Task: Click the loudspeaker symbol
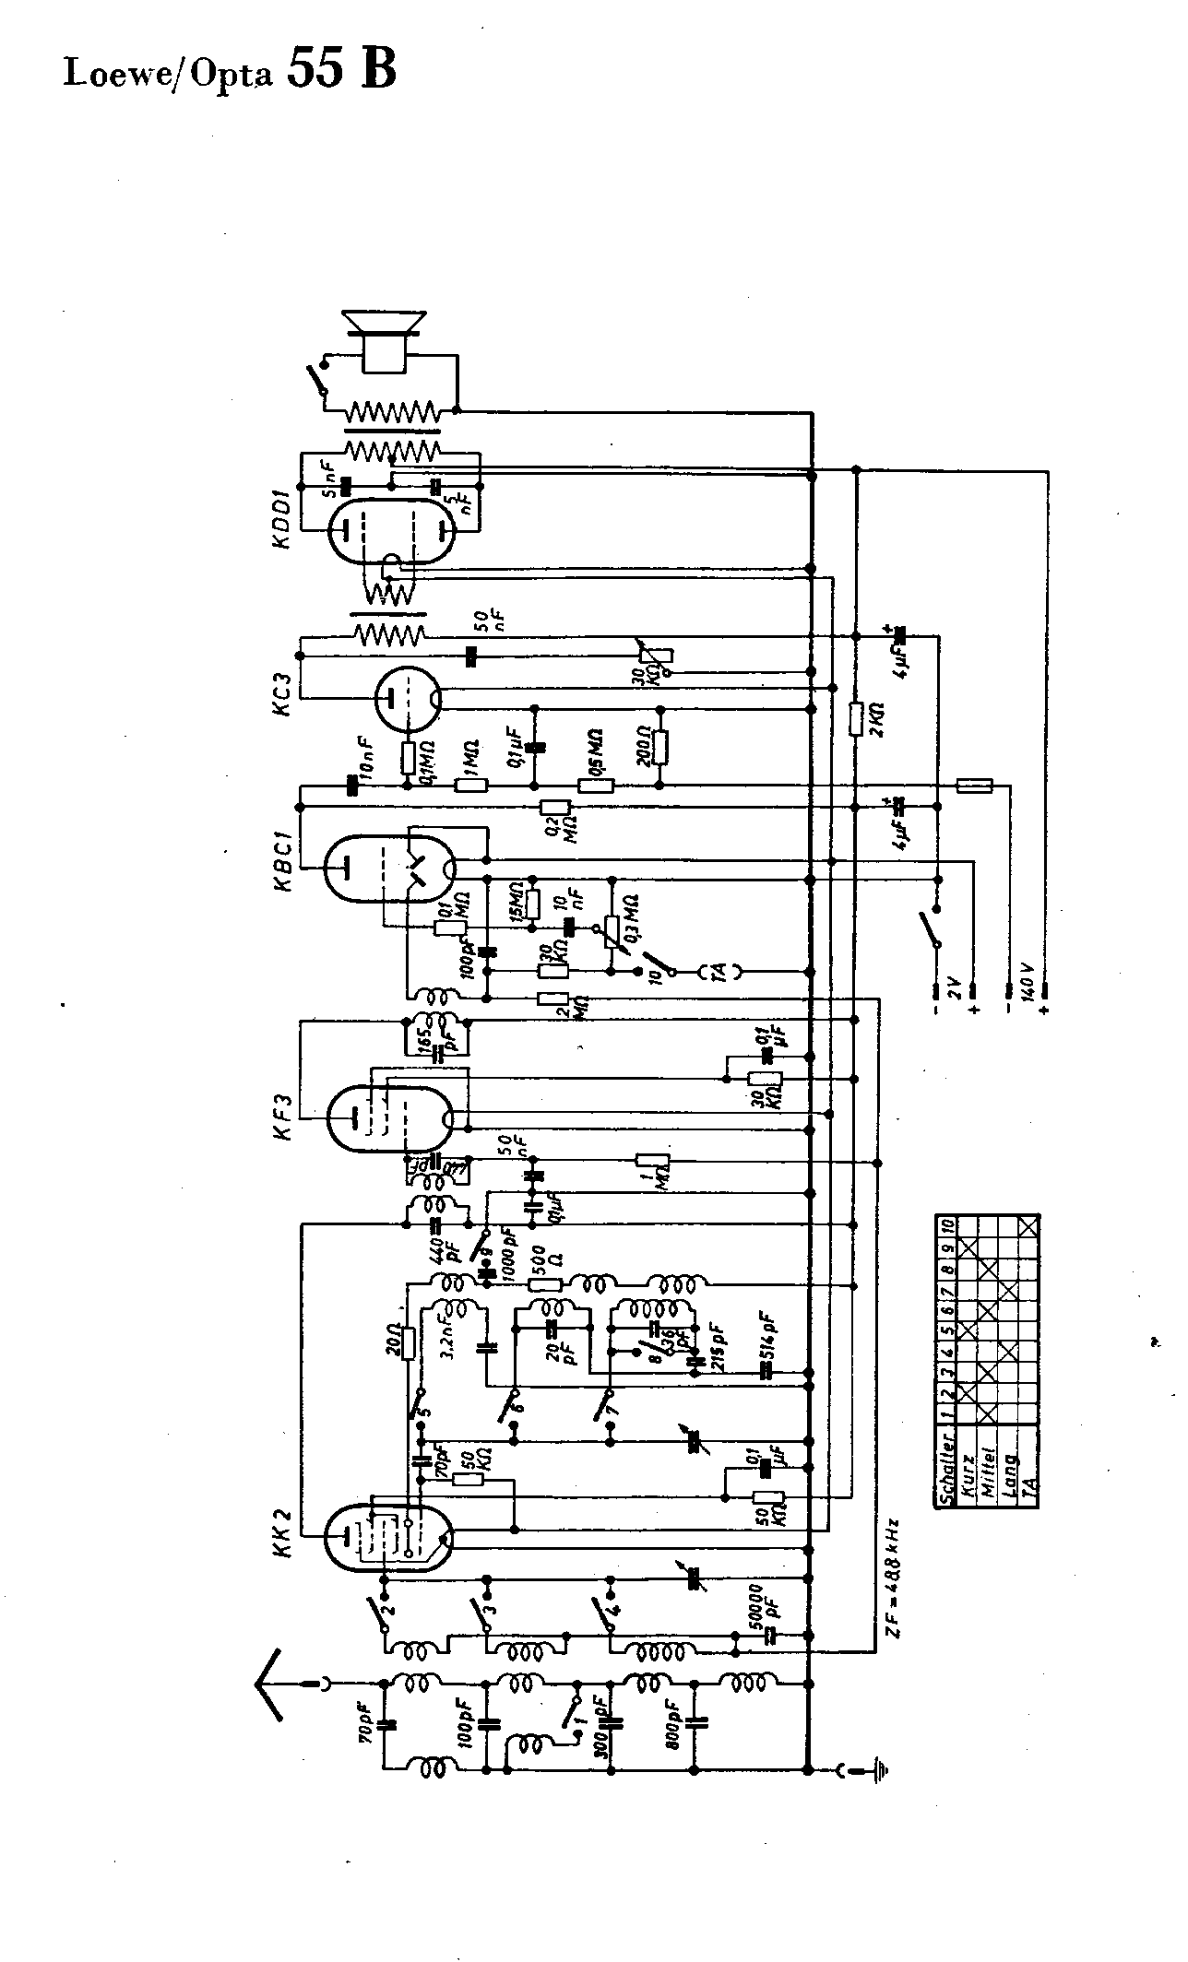coord(384,338)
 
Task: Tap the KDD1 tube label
coord(282,522)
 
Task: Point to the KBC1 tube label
coord(282,861)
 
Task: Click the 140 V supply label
coord(1027,983)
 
